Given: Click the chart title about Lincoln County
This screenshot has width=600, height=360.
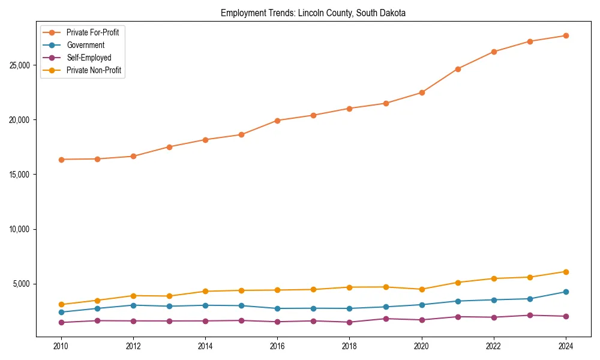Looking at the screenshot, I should (x=313, y=13).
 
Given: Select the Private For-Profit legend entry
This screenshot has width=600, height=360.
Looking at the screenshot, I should (x=92, y=32).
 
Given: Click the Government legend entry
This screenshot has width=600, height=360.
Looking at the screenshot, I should (x=85, y=45).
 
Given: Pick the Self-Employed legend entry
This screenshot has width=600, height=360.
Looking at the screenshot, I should (x=89, y=58).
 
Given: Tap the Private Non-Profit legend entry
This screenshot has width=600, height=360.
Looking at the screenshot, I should (x=94, y=71).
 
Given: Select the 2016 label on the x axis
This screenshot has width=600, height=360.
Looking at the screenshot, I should (x=277, y=346).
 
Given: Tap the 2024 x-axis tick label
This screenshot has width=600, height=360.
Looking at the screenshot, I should (x=566, y=346).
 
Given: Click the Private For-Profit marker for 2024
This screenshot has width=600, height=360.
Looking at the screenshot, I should (x=566, y=35).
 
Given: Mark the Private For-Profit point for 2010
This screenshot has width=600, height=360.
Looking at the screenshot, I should (x=61, y=160).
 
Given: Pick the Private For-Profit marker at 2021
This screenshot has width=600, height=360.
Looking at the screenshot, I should (x=458, y=69).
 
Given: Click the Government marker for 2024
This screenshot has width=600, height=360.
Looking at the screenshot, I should (x=566, y=292).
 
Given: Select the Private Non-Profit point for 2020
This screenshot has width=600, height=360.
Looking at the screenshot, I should (x=422, y=289).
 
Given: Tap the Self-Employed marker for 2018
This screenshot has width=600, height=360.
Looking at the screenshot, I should (x=349, y=322).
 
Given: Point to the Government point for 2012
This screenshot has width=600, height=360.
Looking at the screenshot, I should (x=133, y=305).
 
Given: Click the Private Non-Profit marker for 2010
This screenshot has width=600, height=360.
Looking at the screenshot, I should (x=61, y=305).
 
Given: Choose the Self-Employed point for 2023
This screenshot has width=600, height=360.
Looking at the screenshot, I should (x=530, y=315).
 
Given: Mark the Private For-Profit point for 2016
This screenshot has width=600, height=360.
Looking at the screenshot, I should (x=277, y=121).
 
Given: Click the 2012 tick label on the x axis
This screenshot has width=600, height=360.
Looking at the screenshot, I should (x=133, y=346).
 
